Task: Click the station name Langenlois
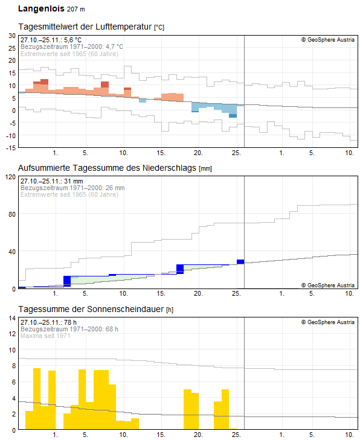click(40, 10)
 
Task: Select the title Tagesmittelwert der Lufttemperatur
click(85, 27)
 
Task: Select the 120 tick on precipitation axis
click(10, 177)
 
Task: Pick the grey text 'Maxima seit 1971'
click(45, 336)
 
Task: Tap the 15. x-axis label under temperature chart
click(161, 152)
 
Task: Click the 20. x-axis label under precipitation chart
click(198, 293)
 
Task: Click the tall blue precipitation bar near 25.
click(240, 261)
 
